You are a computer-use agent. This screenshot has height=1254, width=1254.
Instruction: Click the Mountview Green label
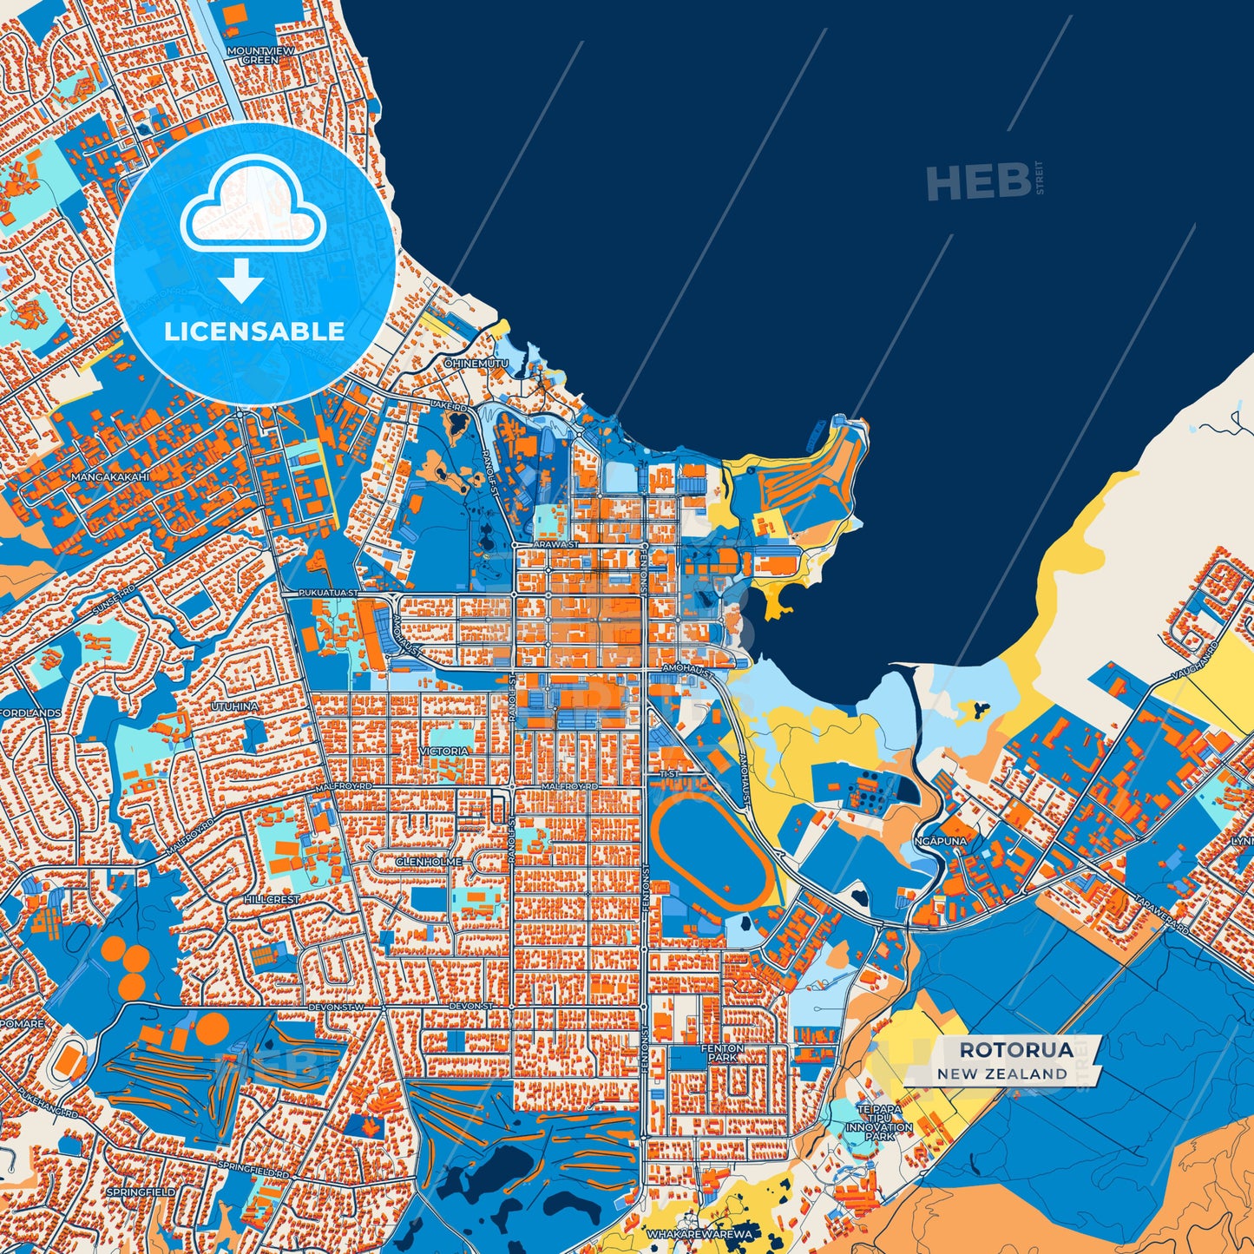[x=259, y=56]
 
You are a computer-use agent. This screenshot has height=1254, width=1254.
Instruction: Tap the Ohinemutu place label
[x=476, y=363]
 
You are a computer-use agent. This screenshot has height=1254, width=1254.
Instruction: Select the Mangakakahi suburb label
[x=110, y=477]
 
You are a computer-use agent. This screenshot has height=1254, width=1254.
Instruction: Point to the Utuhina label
[x=234, y=706]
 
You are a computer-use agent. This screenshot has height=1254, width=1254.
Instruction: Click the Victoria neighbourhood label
[x=444, y=751]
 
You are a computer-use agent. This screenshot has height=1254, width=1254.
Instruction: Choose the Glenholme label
[x=423, y=861]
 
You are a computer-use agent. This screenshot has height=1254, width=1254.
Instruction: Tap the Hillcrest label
[x=271, y=900]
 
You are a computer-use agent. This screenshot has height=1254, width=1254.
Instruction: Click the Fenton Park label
[x=722, y=1054]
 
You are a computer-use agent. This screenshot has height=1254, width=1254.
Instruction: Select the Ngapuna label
[x=940, y=841]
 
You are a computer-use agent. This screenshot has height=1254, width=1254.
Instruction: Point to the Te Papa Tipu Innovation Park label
[x=879, y=1122]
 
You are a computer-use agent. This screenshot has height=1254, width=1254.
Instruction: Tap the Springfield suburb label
[x=141, y=1192]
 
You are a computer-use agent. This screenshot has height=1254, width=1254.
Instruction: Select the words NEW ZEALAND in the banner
[x=1001, y=1073]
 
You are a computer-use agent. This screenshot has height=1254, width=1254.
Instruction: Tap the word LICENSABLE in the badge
[x=254, y=331]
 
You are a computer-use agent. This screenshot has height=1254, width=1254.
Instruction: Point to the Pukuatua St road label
[x=327, y=593]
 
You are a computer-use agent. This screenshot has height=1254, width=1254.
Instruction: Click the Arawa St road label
[x=555, y=544]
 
